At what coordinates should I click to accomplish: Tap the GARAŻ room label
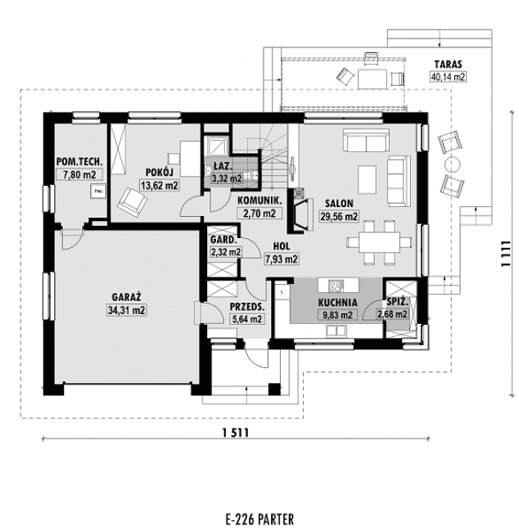click(126, 298)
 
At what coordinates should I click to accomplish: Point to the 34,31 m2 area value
click(126, 310)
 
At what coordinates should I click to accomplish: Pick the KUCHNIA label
click(335, 301)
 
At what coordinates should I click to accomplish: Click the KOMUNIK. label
click(259, 200)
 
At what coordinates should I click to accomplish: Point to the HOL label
click(281, 246)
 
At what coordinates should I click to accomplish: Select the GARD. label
click(224, 241)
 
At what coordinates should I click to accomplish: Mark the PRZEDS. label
click(246, 307)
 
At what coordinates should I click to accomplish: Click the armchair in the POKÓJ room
click(130, 200)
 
